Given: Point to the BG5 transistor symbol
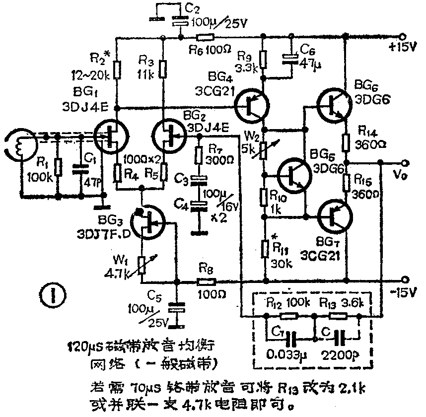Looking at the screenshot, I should click(x=294, y=175).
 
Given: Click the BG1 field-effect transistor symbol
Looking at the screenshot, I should click(x=112, y=135).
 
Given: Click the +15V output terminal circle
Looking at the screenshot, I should click(x=405, y=37).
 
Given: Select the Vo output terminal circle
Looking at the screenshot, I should click(x=405, y=163).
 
